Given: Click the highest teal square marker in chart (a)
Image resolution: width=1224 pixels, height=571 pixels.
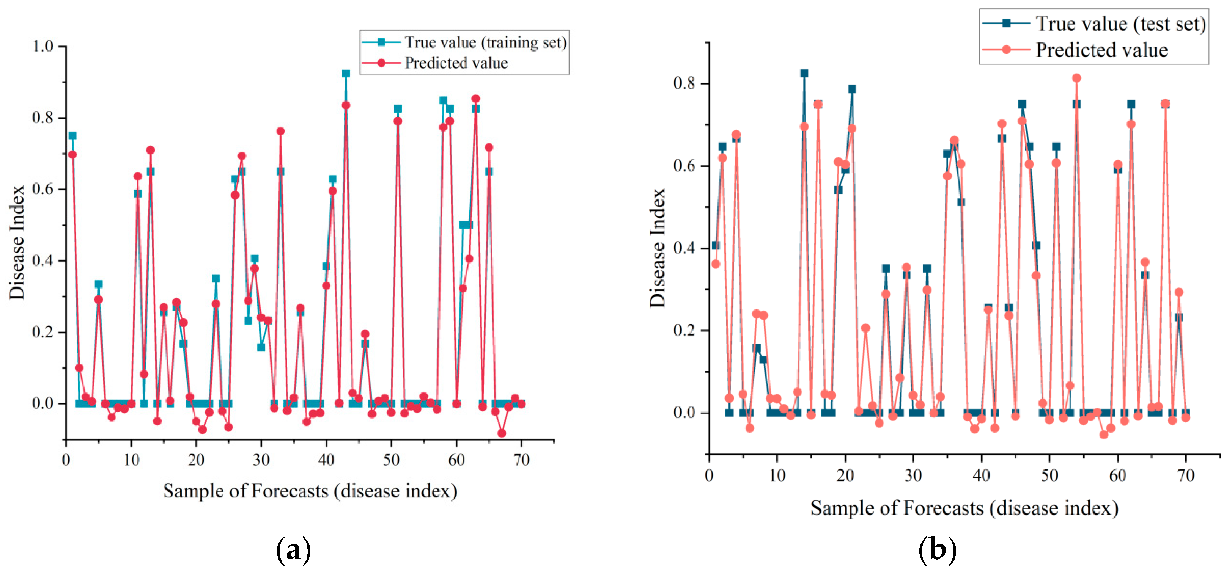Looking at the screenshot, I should click(x=345, y=74).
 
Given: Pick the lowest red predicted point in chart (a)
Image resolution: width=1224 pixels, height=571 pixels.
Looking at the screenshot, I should click(x=502, y=433).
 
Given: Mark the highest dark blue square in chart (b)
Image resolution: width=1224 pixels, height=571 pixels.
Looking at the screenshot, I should click(x=804, y=74).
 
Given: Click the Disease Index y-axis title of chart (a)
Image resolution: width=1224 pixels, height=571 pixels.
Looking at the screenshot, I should click(x=17, y=242).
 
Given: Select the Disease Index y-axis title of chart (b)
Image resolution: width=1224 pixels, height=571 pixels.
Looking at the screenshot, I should click(x=658, y=248).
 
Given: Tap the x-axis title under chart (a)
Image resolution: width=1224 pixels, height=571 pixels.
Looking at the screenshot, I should click(x=310, y=491).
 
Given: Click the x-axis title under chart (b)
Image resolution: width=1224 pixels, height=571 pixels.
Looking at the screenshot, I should click(x=964, y=508).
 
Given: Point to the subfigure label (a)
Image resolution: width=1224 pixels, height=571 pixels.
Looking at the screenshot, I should click(x=293, y=550).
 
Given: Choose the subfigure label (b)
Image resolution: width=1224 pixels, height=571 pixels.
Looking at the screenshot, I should click(x=937, y=550).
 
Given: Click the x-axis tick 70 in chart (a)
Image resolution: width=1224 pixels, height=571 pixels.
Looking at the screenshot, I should click(x=521, y=460).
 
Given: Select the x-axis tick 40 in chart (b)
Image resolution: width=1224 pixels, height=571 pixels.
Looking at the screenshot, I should click(x=981, y=475).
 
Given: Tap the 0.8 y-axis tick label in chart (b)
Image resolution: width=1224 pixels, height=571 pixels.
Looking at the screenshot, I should click(x=684, y=83).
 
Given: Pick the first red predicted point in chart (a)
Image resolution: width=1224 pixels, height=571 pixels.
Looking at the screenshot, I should click(x=72, y=155).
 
